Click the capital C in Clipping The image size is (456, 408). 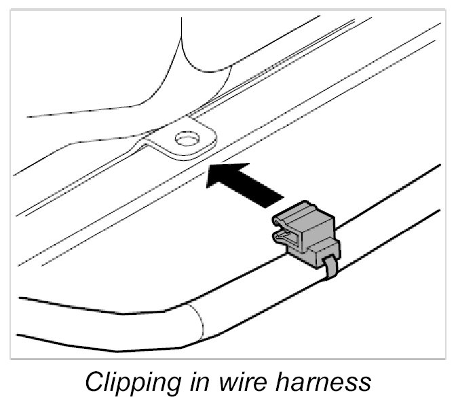pyautogui.click(x=94, y=381)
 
